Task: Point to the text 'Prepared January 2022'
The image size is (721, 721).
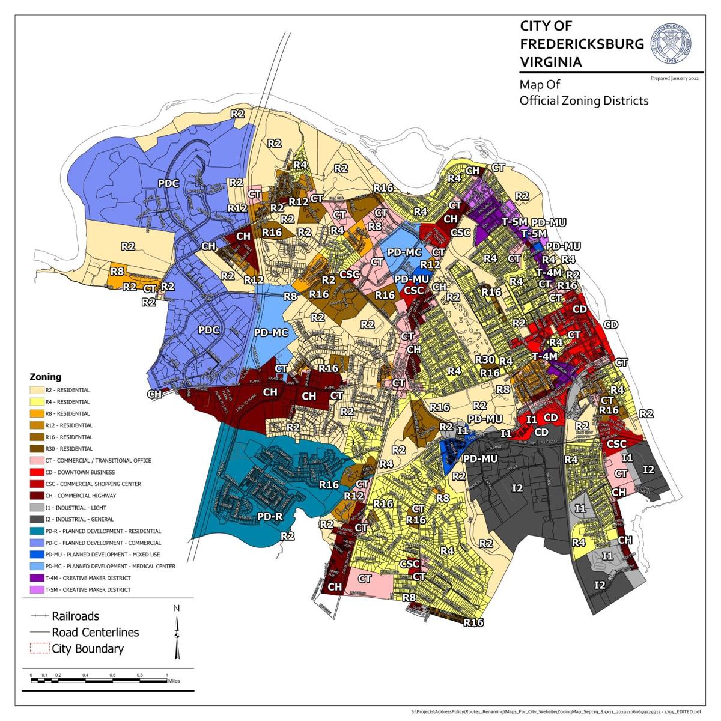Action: (674, 78)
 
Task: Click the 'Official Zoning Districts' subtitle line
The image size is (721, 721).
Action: (583, 100)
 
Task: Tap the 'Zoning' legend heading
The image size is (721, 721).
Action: (46, 377)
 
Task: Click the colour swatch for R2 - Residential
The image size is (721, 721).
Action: (37, 390)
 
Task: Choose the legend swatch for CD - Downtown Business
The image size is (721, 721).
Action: (37, 472)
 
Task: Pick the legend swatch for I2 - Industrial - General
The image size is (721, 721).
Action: (37, 519)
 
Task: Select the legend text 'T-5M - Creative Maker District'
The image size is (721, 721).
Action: (88, 589)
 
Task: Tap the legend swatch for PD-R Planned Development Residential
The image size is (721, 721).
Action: (37, 531)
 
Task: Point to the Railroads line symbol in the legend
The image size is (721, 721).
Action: (40, 616)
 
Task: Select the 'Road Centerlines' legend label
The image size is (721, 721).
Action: (95, 633)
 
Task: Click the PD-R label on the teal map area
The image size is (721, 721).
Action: (270, 516)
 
